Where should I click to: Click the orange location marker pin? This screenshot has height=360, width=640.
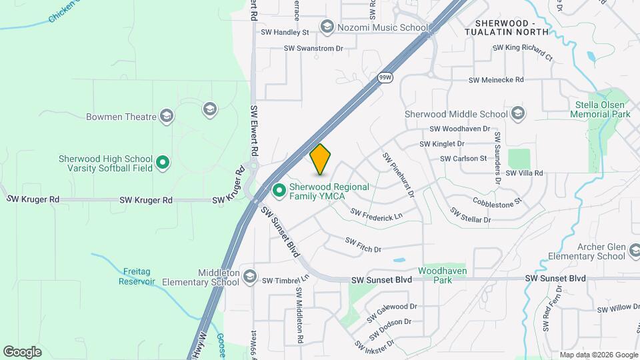click(321, 159)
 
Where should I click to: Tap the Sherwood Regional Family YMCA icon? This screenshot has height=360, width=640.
click(280, 191)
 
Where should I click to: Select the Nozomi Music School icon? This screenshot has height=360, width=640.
click(327, 27)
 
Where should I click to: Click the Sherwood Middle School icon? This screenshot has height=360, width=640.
click(518, 114)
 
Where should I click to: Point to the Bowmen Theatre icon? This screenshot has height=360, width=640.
click(167, 117)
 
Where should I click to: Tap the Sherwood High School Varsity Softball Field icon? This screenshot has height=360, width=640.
click(162, 162)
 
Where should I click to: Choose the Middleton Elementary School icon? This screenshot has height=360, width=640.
click(249, 277)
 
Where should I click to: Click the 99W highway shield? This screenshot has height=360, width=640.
click(385, 77)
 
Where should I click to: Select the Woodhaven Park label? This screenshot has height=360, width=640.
click(442, 275)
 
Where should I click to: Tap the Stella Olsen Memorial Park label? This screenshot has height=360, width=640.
click(601, 109)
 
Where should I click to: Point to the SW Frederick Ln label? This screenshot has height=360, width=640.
click(377, 215)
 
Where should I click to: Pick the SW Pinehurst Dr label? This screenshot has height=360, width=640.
click(398, 175)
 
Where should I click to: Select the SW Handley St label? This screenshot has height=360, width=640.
click(285, 31)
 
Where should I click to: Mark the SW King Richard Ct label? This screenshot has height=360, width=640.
click(523, 52)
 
